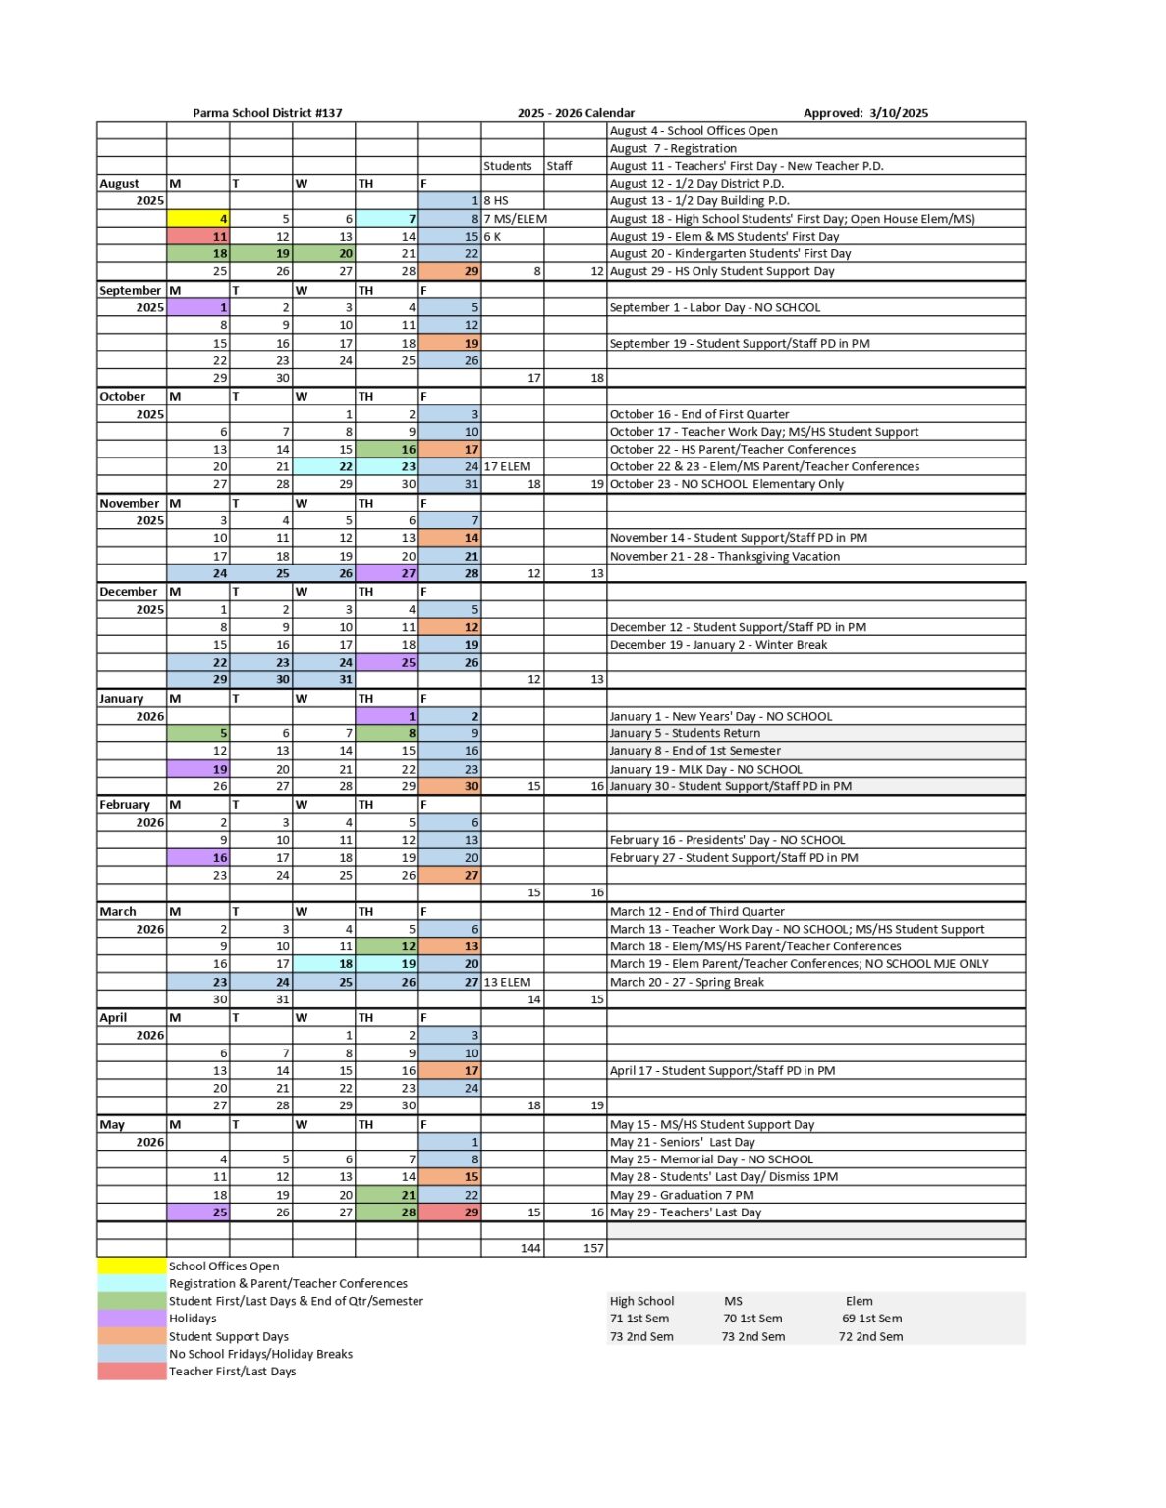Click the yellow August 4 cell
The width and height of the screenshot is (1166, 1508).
[x=198, y=219]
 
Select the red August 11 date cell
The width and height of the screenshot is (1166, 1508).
[x=198, y=237]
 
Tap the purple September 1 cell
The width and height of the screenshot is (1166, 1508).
[x=198, y=307]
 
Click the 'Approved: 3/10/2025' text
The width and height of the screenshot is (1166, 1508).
[x=864, y=113]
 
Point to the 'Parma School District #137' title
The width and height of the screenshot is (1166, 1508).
[x=267, y=113]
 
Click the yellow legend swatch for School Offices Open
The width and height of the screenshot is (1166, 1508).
[x=132, y=1266]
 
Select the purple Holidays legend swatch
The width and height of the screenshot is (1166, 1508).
[x=132, y=1319]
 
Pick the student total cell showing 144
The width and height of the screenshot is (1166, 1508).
[x=513, y=1248]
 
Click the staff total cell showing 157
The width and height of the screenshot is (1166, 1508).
[x=576, y=1248]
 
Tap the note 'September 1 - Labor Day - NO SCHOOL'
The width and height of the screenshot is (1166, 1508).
[x=714, y=307]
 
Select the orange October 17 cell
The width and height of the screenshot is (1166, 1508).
[x=450, y=450]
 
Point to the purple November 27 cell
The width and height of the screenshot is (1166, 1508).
[x=387, y=573]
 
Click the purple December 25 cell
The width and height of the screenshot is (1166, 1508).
[x=387, y=663]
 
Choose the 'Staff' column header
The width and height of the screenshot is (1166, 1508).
[x=559, y=166]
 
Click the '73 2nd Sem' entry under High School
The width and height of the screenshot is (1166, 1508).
[x=641, y=1336]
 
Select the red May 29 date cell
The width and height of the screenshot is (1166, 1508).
[x=450, y=1212]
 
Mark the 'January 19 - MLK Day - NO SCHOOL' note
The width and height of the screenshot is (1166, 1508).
[x=705, y=769]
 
